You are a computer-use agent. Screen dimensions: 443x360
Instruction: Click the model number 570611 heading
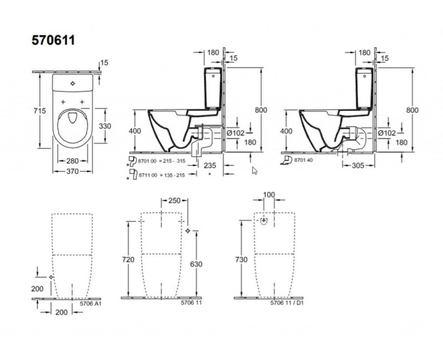53,40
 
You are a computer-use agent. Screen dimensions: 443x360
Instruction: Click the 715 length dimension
39,111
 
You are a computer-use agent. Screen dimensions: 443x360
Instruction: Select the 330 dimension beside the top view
105,126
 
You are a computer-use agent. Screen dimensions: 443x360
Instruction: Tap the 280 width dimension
73,161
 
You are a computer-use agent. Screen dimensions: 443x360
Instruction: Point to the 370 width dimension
73,171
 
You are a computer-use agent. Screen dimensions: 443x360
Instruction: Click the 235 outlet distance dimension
210,166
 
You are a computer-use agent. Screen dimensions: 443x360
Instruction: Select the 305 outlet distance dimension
358,166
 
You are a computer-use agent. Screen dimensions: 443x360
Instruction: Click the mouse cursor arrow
255,171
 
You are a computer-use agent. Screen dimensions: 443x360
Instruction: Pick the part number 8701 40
303,160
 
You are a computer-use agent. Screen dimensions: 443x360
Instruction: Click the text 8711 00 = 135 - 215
162,175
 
